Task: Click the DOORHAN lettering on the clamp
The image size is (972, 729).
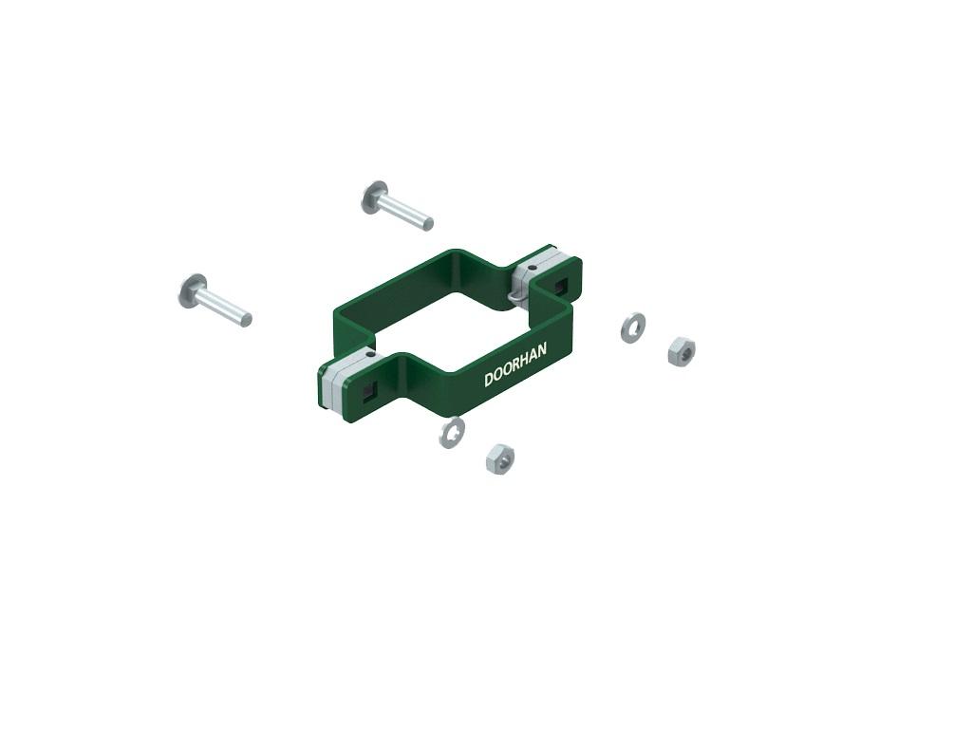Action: point(515,364)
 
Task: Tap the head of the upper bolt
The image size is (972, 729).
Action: point(374,197)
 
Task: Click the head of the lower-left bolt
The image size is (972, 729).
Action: point(193,290)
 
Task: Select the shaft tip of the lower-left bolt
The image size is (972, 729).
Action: point(246,319)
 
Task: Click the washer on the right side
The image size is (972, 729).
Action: point(632,327)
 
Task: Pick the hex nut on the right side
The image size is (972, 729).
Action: point(682,351)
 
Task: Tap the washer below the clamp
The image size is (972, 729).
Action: point(452,432)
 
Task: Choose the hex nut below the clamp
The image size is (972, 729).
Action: point(500,458)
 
